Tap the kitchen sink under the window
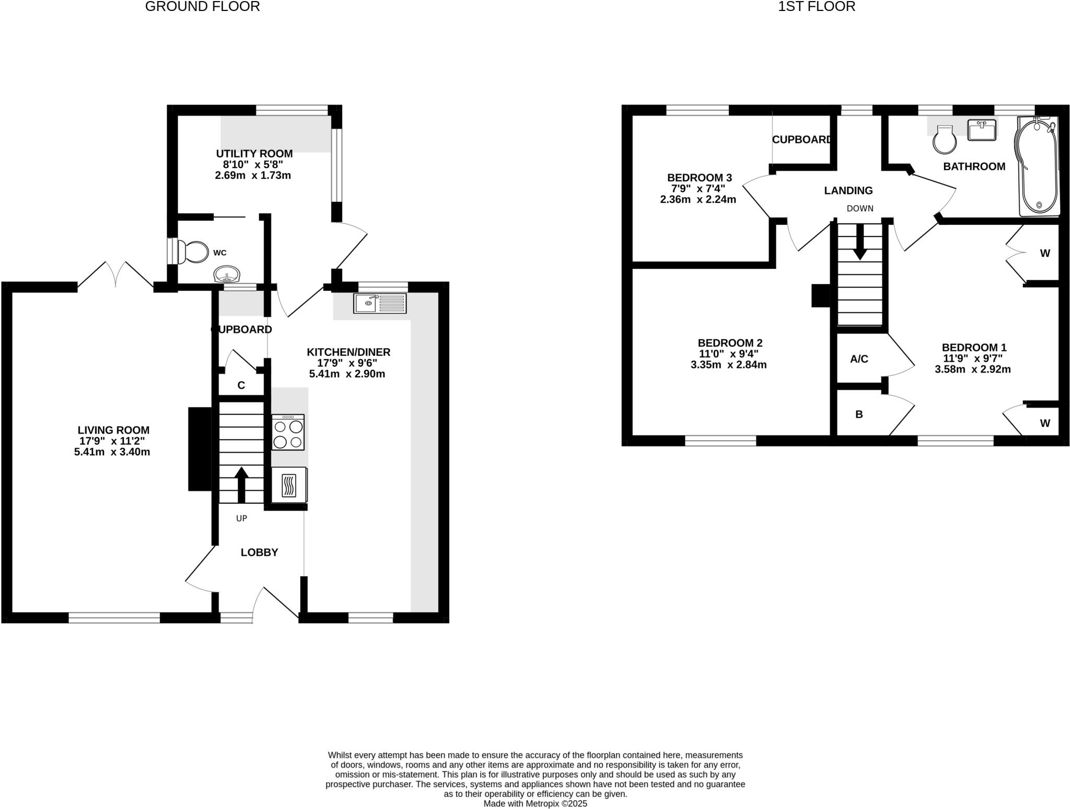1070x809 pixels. click(380, 303)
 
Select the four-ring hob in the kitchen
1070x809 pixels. click(288, 432)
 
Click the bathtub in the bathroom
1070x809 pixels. click(1037, 166)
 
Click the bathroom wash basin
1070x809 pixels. click(982, 130)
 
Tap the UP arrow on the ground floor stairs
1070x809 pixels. click(241, 484)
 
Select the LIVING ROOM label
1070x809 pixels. click(113, 430)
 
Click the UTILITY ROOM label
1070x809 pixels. click(254, 154)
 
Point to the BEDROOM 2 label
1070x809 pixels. click(730, 343)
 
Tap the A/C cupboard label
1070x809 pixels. click(859, 359)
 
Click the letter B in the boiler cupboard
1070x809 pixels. click(859, 415)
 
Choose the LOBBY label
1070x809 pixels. click(259, 552)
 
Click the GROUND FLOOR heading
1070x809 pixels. click(202, 7)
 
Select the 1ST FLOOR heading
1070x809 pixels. click(817, 7)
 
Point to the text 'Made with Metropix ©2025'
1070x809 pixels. click(535, 803)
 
